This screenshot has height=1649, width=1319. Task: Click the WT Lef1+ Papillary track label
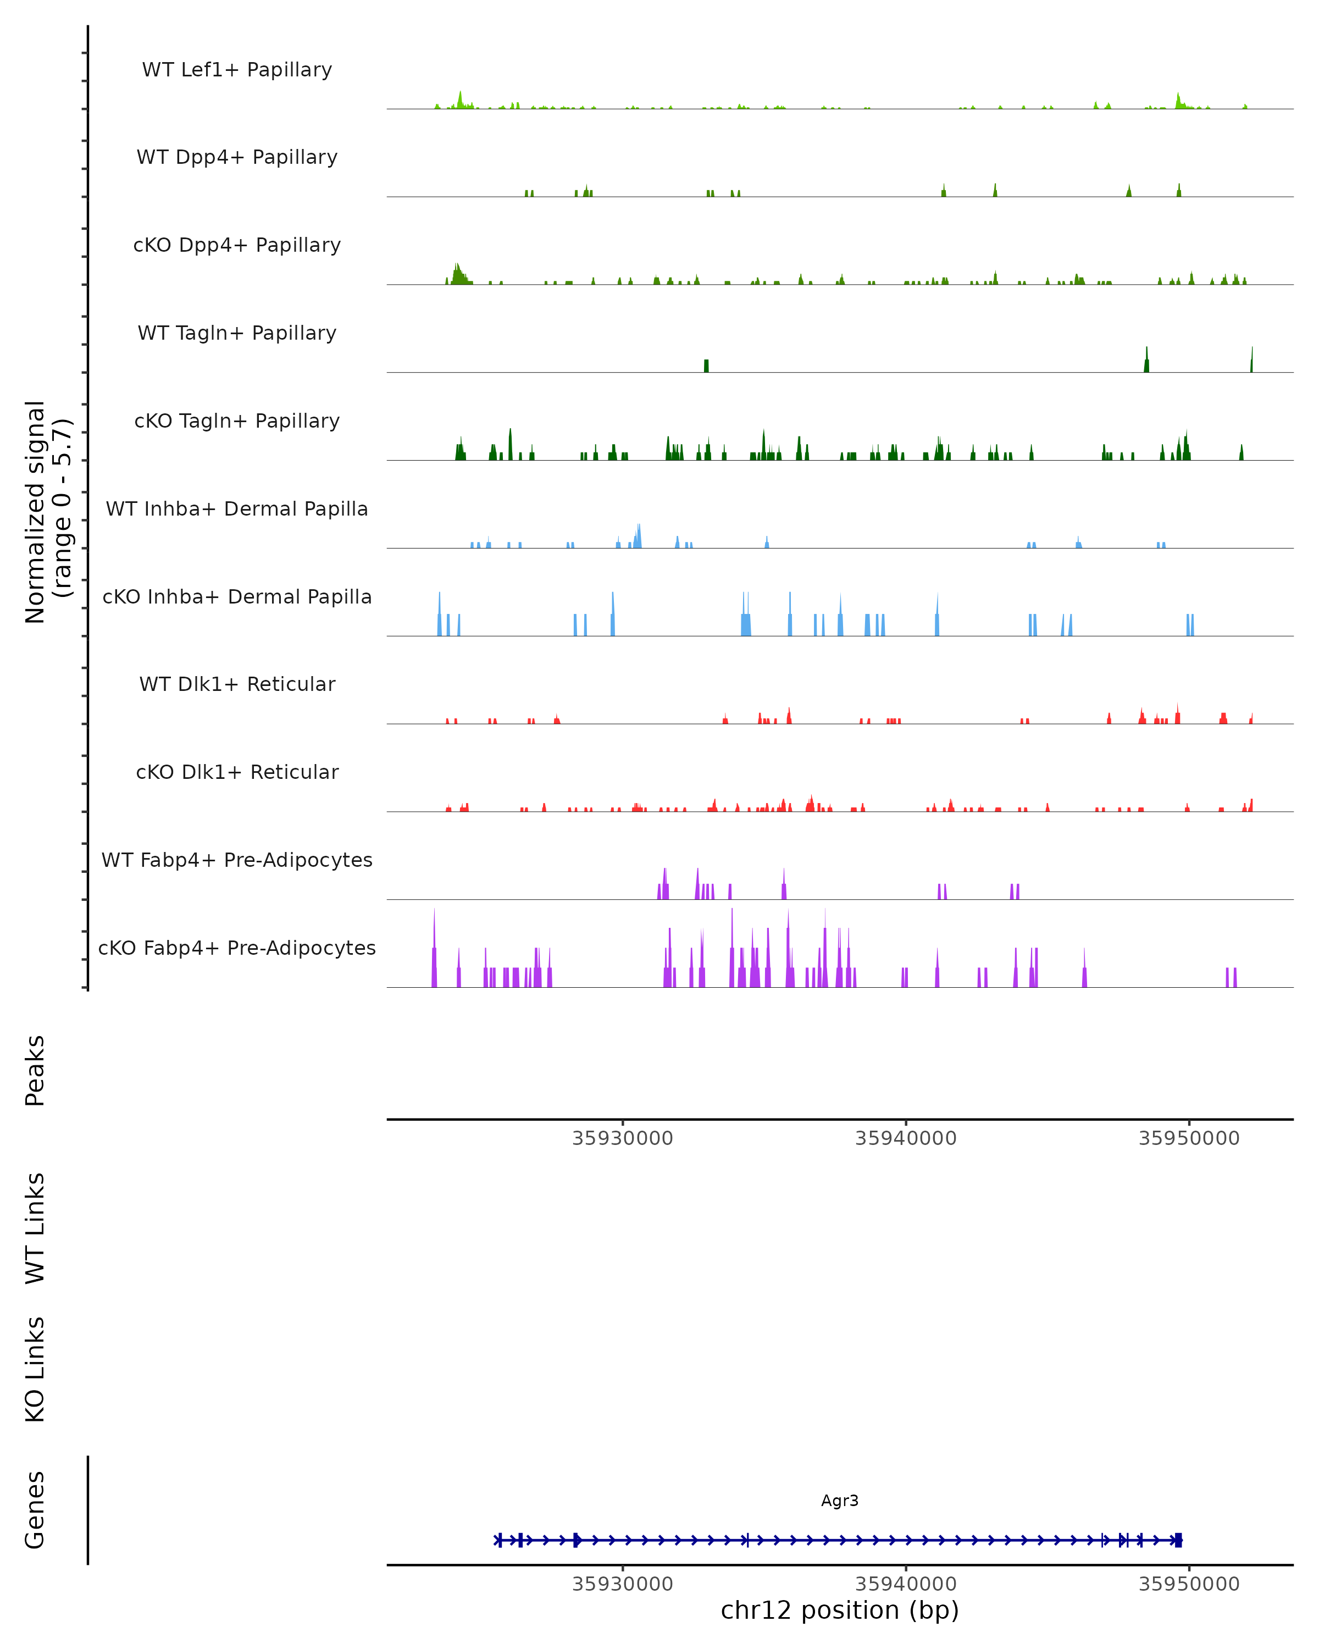[x=237, y=70]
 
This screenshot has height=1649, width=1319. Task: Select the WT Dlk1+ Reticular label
[x=237, y=684]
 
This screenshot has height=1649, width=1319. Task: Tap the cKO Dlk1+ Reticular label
[x=237, y=772]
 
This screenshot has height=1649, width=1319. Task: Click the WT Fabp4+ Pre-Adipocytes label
[x=237, y=860]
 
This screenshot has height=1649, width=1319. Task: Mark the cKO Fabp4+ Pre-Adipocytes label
[x=237, y=948]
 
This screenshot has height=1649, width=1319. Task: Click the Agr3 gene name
[x=840, y=1501]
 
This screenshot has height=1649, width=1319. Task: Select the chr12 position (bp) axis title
[x=840, y=1610]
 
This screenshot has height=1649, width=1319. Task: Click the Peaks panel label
[x=35, y=1070]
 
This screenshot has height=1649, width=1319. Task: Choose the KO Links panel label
[x=35, y=1369]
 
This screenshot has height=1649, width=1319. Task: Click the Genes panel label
[x=35, y=1510]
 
